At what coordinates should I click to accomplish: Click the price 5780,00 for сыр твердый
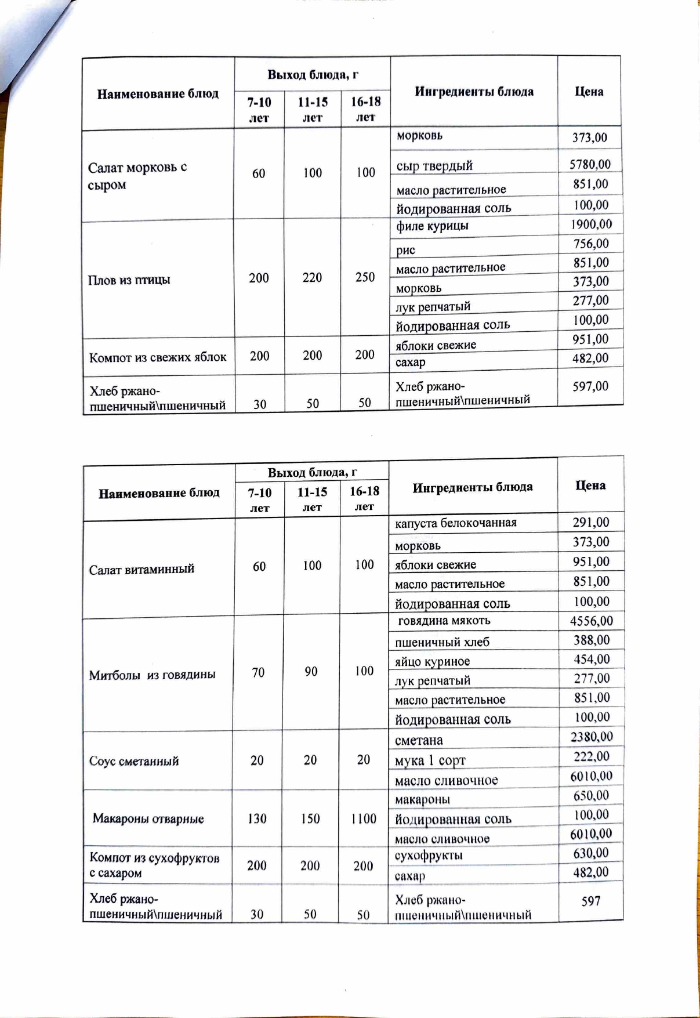pyautogui.click(x=590, y=164)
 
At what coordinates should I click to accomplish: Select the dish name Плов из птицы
pyautogui.click(x=129, y=280)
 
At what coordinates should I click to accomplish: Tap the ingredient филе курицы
pyautogui.click(x=432, y=226)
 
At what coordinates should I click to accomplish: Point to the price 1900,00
pyautogui.click(x=591, y=224)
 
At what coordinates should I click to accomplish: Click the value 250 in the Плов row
pyautogui.click(x=365, y=277)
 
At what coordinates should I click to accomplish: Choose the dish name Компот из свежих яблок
pyautogui.click(x=158, y=357)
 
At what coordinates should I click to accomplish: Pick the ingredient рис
pyautogui.click(x=405, y=251)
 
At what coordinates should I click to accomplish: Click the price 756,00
pyautogui.click(x=591, y=244)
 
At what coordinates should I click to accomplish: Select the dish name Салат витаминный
pyautogui.click(x=142, y=570)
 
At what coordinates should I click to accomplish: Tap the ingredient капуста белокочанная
pyautogui.click(x=455, y=523)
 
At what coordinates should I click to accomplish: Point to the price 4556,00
pyautogui.click(x=591, y=621)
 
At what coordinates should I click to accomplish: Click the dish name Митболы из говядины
pyautogui.click(x=152, y=675)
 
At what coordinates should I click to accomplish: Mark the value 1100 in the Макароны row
pyautogui.click(x=364, y=818)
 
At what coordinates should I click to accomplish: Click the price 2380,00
pyautogui.click(x=591, y=737)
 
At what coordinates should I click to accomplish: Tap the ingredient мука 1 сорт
pyautogui.click(x=430, y=760)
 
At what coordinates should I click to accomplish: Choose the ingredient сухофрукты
pyautogui.click(x=428, y=856)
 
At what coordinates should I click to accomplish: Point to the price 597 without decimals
pyautogui.click(x=590, y=901)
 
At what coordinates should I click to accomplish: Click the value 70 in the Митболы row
pyautogui.click(x=258, y=672)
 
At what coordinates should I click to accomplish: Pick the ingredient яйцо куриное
pyautogui.click(x=432, y=661)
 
